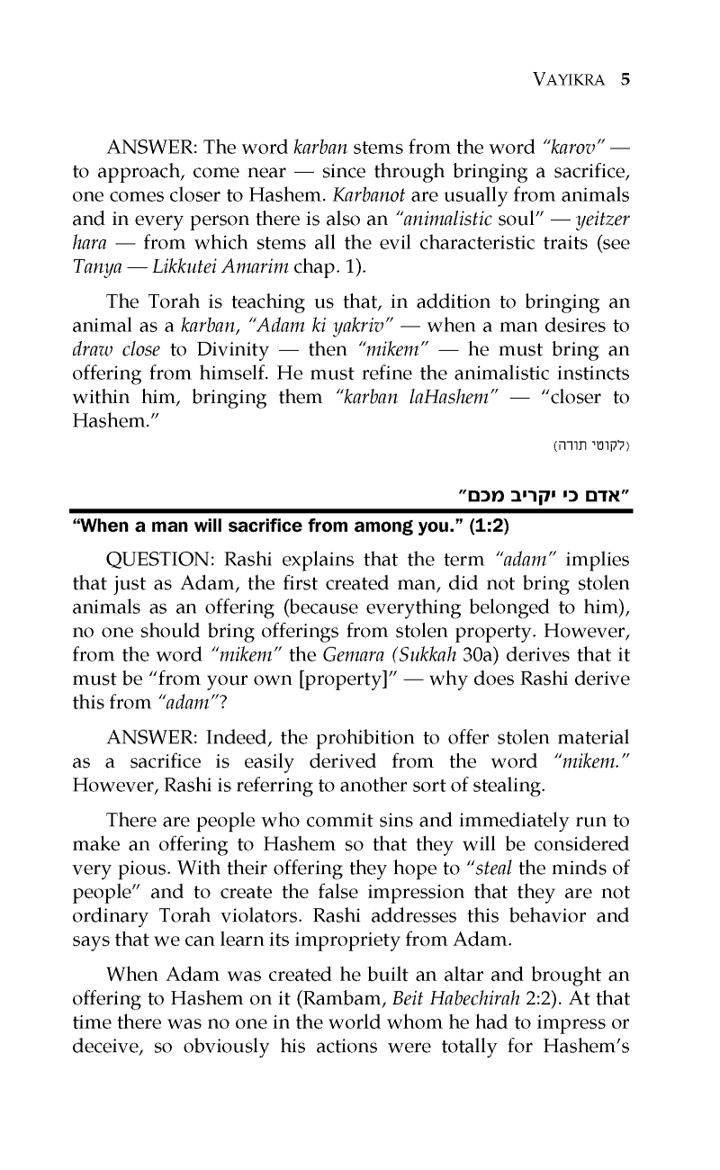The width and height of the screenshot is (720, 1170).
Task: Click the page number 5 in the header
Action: tap(624, 78)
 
